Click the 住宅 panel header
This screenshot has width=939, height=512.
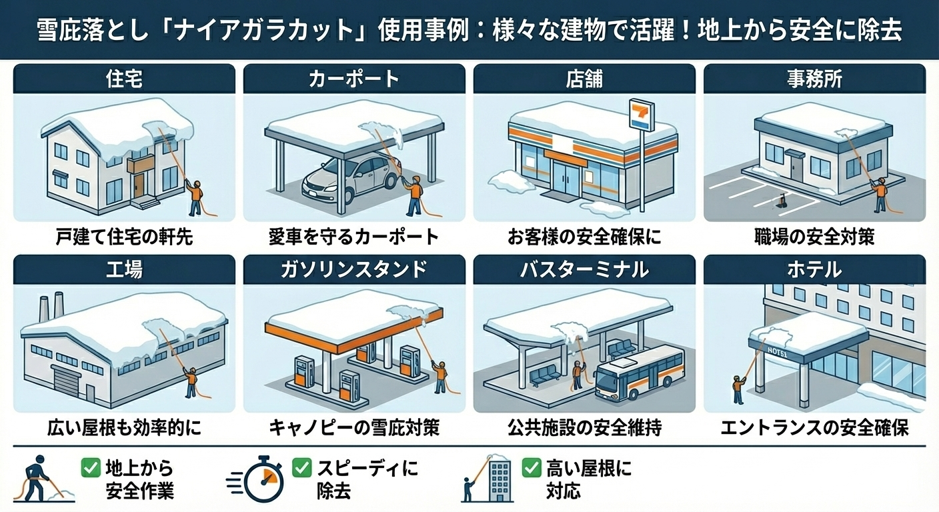coord(124,79)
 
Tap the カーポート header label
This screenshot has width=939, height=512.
coord(354,79)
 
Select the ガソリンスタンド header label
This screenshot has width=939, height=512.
coord(354,269)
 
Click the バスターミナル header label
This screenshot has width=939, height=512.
coord(584,269)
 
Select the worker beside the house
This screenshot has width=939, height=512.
coord(194,197)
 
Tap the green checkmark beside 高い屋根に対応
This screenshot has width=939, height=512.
coord(532,467)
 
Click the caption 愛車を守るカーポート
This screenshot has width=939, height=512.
coord(354,237)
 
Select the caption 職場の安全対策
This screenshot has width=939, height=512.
coord(814,237)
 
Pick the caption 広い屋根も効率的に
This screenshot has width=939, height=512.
coord(124,427)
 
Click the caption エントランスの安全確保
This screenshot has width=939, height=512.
coord(814,427)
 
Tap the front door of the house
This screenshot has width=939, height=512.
coord(139,184)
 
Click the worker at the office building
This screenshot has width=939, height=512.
coord(881,194)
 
